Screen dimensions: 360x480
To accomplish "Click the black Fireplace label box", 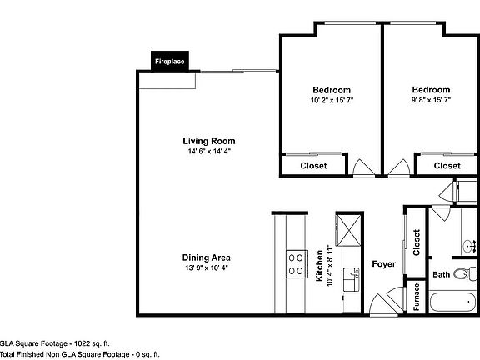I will [x=169, y=61].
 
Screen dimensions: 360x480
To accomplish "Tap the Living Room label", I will [x=209, y=141].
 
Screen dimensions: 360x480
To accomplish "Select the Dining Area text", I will [x=206, y=257].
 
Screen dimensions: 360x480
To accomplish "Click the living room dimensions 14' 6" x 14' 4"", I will [x=210, y=152].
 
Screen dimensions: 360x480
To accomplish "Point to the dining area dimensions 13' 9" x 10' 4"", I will [x=206, y=268].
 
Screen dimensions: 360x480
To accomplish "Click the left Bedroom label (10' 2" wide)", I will [x=331, y=90].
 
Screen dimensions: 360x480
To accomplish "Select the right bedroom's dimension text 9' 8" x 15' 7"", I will [x=431, y=101].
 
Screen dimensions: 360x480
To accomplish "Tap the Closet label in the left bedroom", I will [x=313, y=166].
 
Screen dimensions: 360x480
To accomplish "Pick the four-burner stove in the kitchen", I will [x=295, y=265].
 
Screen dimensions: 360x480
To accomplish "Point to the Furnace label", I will [x=416, y=298].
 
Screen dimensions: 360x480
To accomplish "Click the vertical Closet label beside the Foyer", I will [x=416, y=243].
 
